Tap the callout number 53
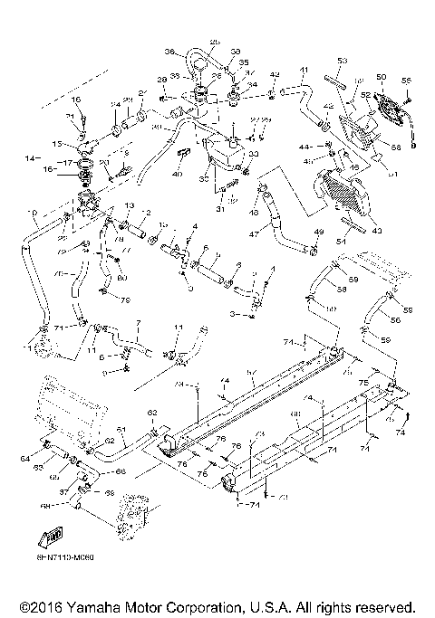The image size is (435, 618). pyautogui.click(x=343, y=61)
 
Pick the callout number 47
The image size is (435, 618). pyautogui.click(x=257, y=233)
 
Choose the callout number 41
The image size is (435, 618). pyautogui.click(x=304, y=70)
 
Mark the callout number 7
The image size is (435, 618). pyautogui.click(x=138, y=322)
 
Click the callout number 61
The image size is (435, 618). pyautogui.click(x=121, y=428)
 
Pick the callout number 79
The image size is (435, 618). pyautogui.click(x=126, y=299)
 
